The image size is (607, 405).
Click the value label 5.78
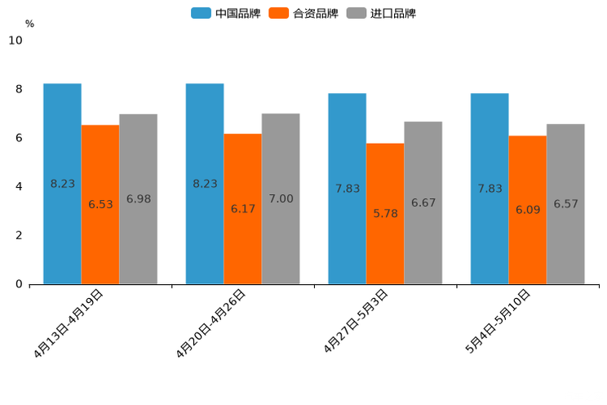click(385, 213)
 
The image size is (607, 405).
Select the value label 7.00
click(281, 198)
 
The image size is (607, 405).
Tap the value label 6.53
click(100, 204)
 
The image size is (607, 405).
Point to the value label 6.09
click(528, 210)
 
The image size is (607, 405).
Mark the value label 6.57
click(565, 204)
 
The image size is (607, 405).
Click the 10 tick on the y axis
click(16, 40)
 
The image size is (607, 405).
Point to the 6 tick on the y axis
click(19, 138)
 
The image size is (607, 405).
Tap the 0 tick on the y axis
click(19, 284)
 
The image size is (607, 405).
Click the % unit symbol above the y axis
click(29, 24)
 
